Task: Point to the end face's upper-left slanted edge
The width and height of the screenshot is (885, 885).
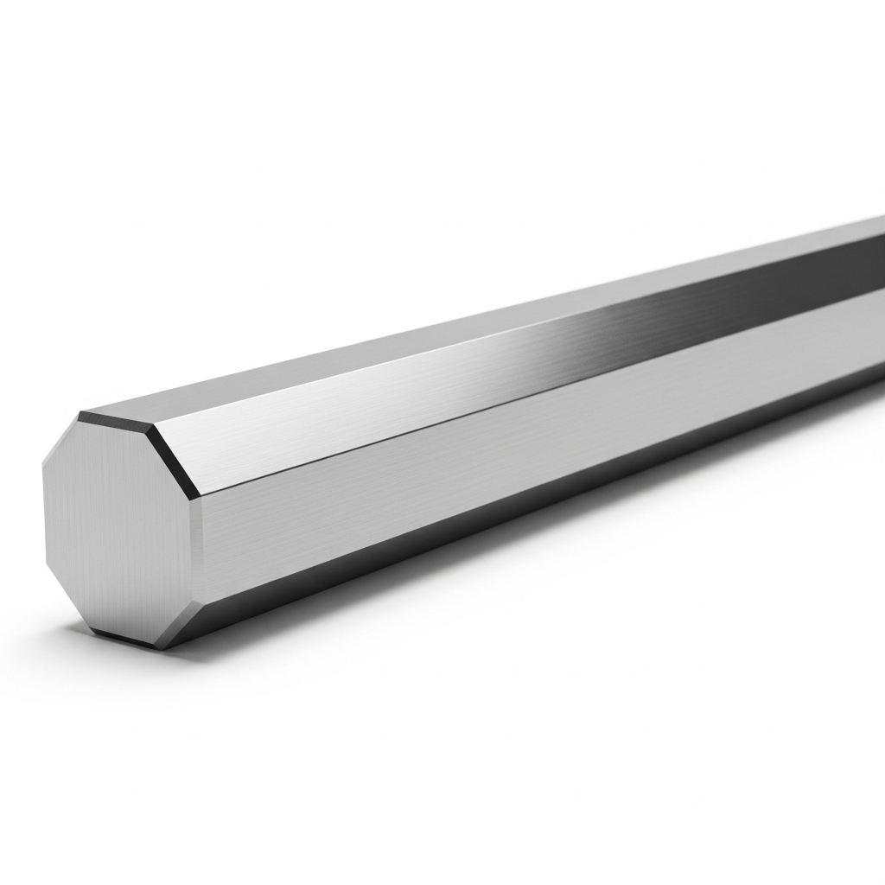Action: point(60,444)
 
